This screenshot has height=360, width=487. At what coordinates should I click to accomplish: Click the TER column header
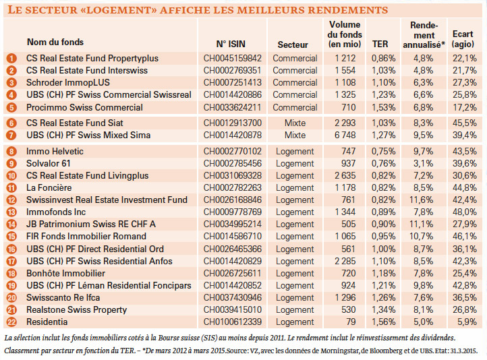tap(380, 44)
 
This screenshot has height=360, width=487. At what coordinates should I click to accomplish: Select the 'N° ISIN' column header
tap(231, 44)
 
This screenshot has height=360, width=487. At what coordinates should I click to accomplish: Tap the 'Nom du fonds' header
tap(55, 42)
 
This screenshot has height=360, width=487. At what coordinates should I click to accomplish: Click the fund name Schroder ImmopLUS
tap(68, 82)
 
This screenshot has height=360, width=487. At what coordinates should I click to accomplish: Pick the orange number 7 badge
tap(11, 136)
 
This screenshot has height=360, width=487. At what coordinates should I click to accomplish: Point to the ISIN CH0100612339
tap(233, 322)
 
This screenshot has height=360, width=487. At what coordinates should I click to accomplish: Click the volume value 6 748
tap(345, 136)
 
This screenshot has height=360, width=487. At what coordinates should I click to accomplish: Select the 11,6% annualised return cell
tap(421, 200)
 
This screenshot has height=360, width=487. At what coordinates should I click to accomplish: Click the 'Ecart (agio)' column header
tap(463, 39)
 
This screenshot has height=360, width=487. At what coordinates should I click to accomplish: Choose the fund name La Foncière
tap(49, 188)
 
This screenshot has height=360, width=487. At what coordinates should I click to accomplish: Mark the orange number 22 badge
tap(11, 322)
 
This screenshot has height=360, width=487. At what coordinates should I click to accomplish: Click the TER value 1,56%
tap(384, 322)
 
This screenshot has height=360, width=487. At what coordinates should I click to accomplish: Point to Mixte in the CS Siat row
tap(295, 123)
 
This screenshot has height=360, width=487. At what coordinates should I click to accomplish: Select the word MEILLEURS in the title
tap(270, 10)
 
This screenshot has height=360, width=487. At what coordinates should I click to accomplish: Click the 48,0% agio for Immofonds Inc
tap(465, 212)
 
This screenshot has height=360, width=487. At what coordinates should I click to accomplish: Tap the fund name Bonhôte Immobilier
tap(65, 274)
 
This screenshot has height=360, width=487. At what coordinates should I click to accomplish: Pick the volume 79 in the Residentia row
tap(351, 322)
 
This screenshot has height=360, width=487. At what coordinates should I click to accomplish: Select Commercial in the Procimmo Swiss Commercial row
tap(295, 108)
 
